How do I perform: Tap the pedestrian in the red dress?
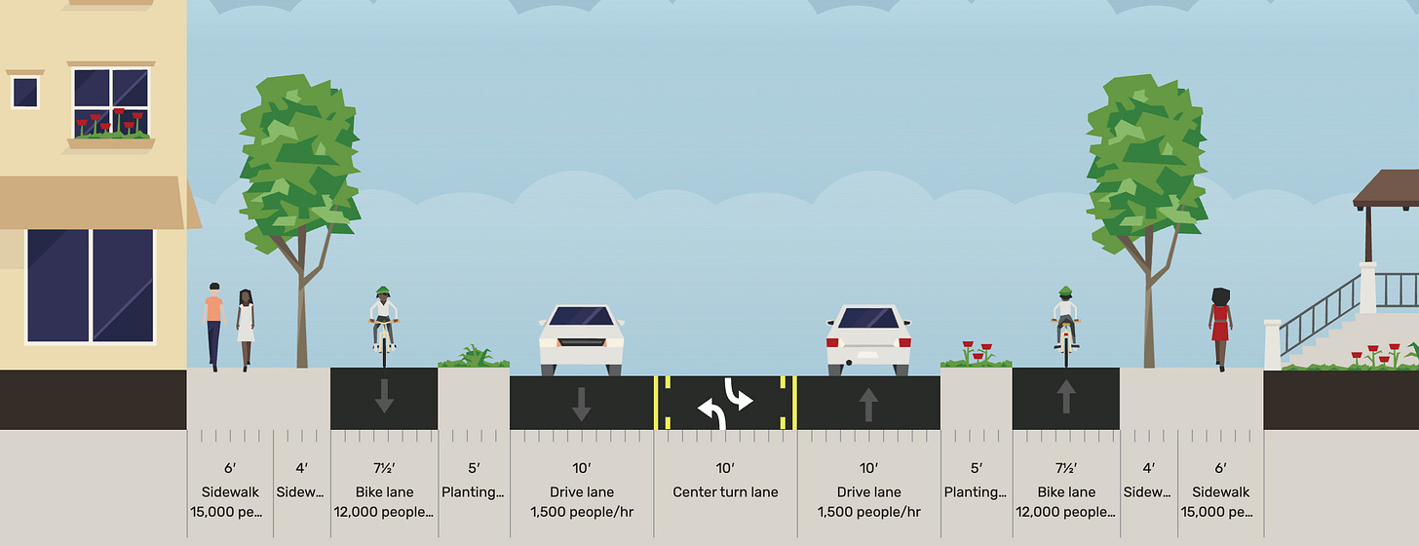click(1219, 327)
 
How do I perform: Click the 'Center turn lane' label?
click(725, 492)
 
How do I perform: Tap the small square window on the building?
click(25, 93)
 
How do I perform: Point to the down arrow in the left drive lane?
click(581, 403)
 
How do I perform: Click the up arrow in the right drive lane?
click(868, 403)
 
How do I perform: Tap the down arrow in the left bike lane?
click(384, 395)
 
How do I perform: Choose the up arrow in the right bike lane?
click(1065, 395)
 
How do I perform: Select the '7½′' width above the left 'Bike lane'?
click(384, 469)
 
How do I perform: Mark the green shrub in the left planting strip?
click(474, 356)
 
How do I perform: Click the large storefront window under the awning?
click(90, 285)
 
